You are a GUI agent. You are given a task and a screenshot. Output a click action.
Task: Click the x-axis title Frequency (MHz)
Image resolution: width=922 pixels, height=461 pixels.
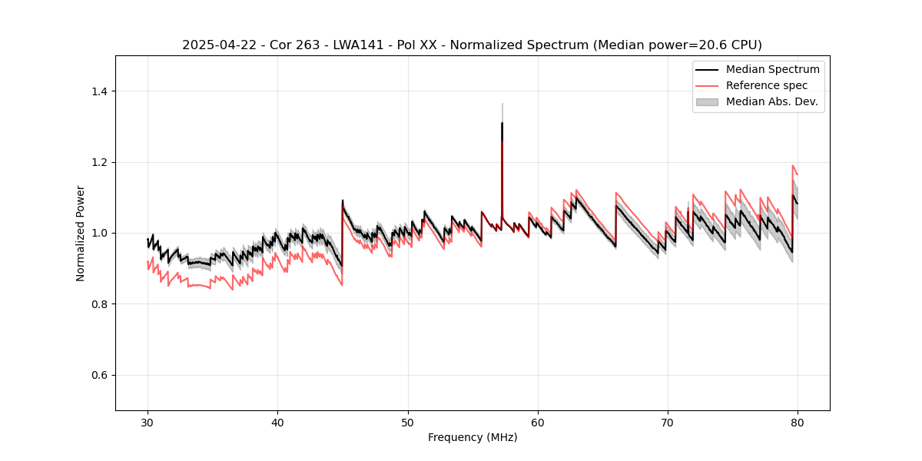coord(473,437)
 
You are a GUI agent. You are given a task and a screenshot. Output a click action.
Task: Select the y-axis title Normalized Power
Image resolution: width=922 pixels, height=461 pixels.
coord(81,233)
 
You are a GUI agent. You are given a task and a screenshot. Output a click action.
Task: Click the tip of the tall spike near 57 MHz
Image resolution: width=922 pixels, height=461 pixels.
coord(502,123)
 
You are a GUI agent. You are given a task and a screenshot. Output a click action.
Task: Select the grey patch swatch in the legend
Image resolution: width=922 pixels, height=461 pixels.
coord(707,101)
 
